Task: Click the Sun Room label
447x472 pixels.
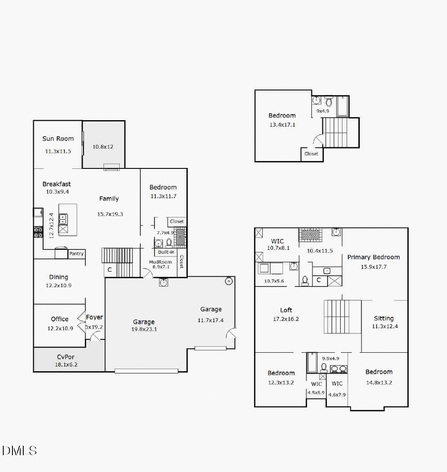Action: (58, 139)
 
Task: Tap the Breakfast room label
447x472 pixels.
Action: (57, 184)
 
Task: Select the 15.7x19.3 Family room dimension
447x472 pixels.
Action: (110, 214)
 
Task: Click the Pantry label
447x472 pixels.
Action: (76, 254)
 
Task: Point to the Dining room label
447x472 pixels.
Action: (59, 277)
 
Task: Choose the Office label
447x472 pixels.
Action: (60, 319)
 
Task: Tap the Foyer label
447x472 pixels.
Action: (94, 317)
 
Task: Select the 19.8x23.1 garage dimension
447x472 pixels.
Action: (144, 329)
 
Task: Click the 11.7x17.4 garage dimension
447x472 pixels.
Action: (211, 320)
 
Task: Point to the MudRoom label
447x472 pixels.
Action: (160, 262)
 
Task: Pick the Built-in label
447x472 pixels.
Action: (166, 252)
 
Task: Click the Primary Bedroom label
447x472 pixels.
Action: (373, 257)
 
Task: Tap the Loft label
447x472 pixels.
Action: (286, 310)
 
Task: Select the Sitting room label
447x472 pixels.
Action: (383, 318)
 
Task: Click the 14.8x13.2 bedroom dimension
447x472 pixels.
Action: (379, 383)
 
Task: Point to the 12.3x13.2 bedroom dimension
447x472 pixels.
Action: (281, 383)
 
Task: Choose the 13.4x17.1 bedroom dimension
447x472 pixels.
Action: (282, 125)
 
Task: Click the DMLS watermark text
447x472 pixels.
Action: (19, 451)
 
